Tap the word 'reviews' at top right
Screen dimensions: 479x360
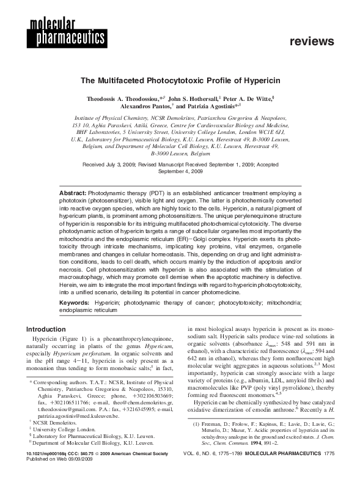pos(313,42)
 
